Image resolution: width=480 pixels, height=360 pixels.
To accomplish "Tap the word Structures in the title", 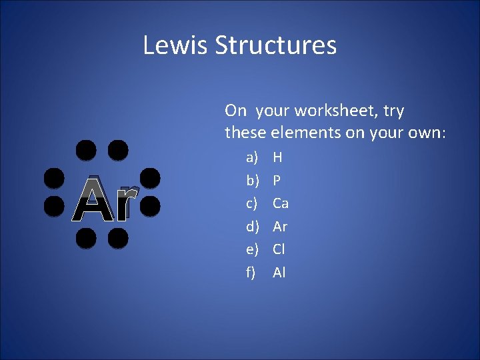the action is [x=275, y=45].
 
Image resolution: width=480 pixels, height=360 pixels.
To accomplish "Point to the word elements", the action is [x=305, y=133].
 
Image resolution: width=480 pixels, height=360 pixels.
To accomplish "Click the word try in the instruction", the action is [x=393, y=111].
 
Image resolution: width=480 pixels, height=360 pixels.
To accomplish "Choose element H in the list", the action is [x=277, y=158].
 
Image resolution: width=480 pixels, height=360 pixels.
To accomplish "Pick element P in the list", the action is [x=277, y=181].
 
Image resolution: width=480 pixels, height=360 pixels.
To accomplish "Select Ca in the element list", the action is [x=281, y=203].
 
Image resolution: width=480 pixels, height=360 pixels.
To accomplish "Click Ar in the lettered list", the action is [x=280, y=227].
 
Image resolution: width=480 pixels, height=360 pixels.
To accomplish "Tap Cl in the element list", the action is [x=279, y=249].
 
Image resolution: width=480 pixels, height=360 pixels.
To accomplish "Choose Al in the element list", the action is [x=279, y=272].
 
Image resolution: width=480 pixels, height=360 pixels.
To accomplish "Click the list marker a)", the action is [x=252, y=158].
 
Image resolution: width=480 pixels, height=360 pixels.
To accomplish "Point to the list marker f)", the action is [x=251, y=272].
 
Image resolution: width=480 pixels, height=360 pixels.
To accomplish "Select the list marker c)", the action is [x=252, y=203].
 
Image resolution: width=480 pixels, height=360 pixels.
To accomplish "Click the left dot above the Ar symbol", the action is [x=85, y=150].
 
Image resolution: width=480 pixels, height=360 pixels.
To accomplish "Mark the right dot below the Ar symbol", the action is [x=117, y=238].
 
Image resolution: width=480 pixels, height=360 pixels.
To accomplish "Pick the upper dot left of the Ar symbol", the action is [x=53, y=178].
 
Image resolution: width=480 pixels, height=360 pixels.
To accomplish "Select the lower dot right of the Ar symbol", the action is [x=149, y=206].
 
